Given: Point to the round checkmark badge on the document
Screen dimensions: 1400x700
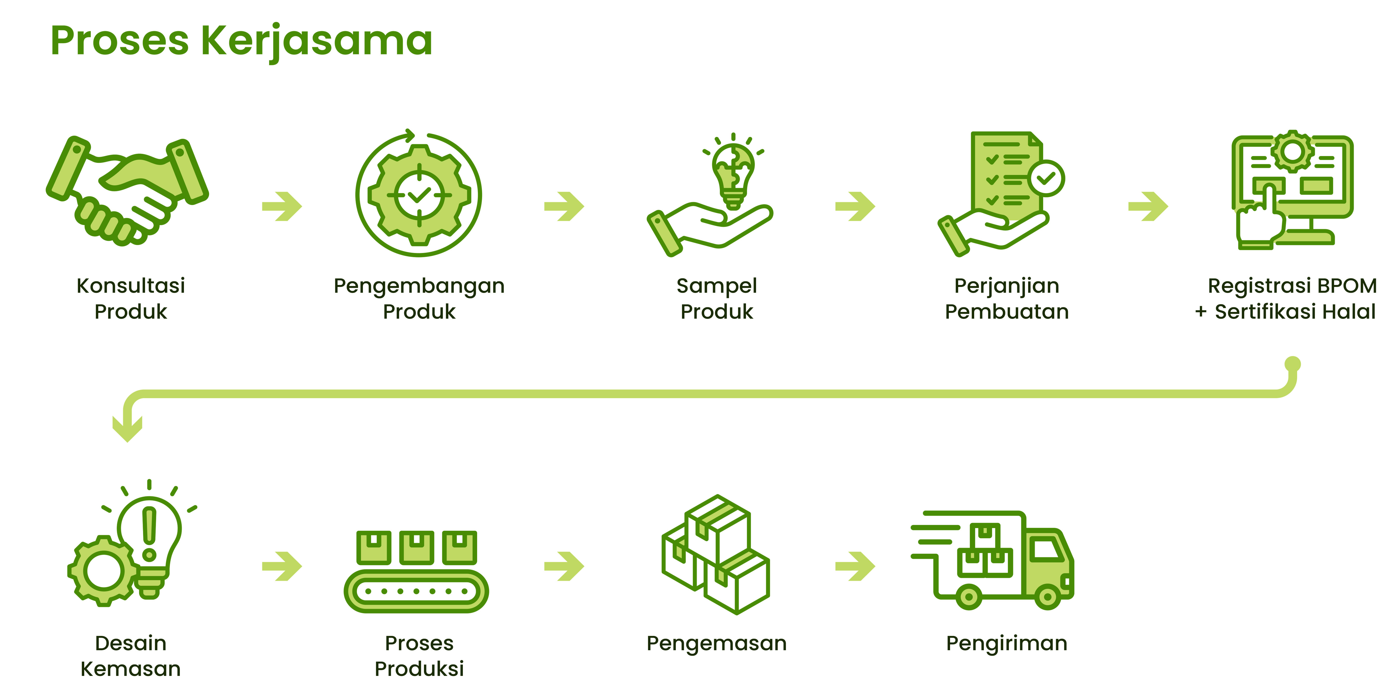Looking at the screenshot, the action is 1046,178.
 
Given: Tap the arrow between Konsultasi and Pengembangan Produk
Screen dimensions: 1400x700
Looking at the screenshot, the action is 282,206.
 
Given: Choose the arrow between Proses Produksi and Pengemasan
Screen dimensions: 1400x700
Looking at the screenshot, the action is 564,566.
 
